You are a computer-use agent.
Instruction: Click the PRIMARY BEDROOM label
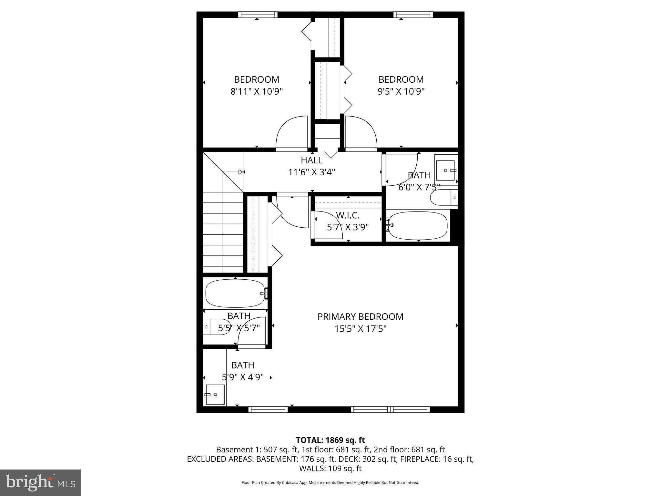(x=360, y=316)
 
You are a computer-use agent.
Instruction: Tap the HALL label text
(x=311, y=160)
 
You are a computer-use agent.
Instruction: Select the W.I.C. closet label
(x=348, y=215)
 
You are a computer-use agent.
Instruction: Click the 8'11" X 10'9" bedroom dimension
(x=257, y=91)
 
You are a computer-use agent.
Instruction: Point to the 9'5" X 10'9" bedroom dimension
(x=401, y=91)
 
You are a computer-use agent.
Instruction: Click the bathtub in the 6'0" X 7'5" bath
(x=418, y=225)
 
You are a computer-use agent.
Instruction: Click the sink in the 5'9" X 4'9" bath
(x=215, y=395)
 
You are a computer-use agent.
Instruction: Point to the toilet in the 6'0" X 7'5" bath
(x=444, y=197)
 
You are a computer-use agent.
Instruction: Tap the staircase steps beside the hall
(x=223, y=232)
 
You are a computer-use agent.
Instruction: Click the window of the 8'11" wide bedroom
(x=258, y=15)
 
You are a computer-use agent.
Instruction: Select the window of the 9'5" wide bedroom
(x=413, y=15)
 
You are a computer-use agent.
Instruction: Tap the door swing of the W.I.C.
(x=328, y=224)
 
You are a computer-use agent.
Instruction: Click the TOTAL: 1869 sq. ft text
(x=330, y=440)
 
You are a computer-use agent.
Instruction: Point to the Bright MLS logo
(x=40, y=482)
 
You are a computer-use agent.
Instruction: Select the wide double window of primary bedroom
(x=390, y=409)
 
